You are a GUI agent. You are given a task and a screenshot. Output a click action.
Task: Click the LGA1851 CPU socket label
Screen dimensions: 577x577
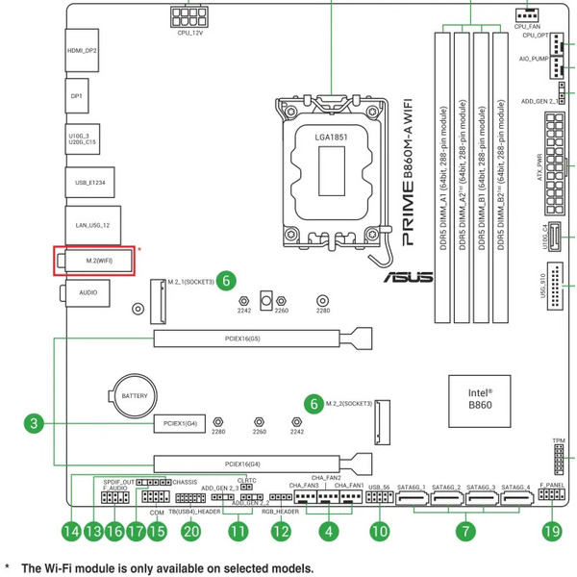pyautogui.click(x=330, y=138)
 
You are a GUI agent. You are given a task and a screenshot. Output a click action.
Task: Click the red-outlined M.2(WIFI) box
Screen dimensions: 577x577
pyautogui.click(x=94, y=261)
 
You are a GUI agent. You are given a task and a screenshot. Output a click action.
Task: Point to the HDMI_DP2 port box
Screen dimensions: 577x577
pyautogui.click(x=83, y=49)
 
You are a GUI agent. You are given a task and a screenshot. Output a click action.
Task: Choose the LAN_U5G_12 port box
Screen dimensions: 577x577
pyautogui.click(x=92, y=224)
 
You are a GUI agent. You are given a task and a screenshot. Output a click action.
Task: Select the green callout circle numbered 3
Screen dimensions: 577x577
pyautogui.click(x=34, y=422)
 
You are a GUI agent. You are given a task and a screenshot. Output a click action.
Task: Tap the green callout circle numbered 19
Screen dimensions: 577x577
pyautogui.click(x=551, y=530)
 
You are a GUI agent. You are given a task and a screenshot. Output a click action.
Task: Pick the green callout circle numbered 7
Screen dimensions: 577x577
pyautogui.click(x=465, y=530)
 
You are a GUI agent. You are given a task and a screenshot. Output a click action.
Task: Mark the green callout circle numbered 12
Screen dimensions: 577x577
pyautogui.click(x=281, y=530)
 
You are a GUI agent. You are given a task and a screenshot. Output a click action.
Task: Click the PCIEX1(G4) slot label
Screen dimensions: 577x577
pyautogui.click(x=180, y=422)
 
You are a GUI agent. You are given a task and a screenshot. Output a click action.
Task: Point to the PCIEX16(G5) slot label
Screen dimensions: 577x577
pyautogui.click(x=248, y=338)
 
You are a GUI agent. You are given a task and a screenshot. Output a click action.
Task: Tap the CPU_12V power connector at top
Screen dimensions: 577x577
pyautogui.click(x=188, y=16)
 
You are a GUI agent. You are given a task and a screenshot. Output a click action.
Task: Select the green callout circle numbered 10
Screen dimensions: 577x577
pyautogui.click(x=380, y=530)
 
